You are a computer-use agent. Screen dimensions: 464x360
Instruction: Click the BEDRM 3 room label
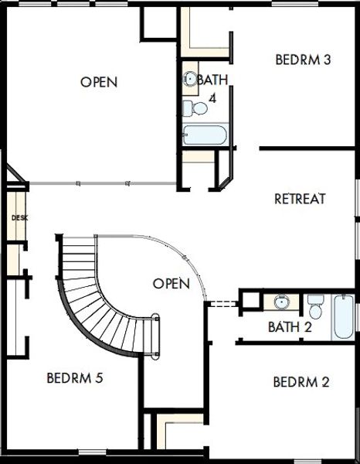pyautogui.click(x=303, y=60)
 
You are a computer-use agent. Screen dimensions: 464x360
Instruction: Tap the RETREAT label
pyautogui.click(x=300, y=199)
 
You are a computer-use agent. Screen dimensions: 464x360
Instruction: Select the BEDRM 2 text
pyautogui.click(x=301, y=382)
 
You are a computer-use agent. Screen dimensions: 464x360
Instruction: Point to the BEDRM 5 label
pyautogui.click(x=75, y=379)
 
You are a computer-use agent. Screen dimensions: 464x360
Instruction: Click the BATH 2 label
pyautogui.click(x=290, y=327)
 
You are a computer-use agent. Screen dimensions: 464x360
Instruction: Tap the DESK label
pyautogui.click(x=19, y=218)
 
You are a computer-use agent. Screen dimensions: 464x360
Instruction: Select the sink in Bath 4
pyautogui.click(x=190, y=79)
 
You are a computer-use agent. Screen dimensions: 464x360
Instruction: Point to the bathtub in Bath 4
pyautogui.click(x=205, y=136)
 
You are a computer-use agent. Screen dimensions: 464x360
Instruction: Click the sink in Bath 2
pyautogui.click(x=282, y=302)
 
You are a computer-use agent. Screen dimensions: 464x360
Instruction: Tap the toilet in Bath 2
pyautogui.click(x=315, y=302)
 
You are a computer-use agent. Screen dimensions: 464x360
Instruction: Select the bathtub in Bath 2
pyautogui.click(x=343, y=315)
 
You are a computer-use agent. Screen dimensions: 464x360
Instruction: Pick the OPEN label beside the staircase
pyautogui.click(x=171, y=284)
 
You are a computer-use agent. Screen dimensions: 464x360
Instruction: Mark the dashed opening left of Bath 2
pyautogui.click(x=222, y=304)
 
